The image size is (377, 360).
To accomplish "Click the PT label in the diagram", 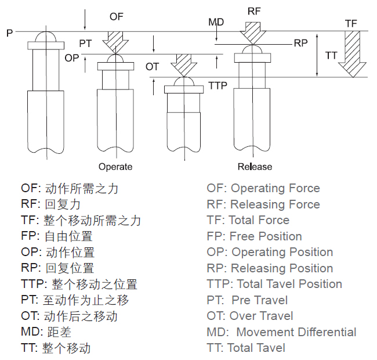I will (86, 44).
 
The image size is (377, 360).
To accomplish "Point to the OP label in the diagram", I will (71, 58).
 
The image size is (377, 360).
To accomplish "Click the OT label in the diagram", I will (152, 67).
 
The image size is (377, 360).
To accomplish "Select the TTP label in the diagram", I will (217, 85).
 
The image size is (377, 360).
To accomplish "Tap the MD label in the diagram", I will (216, 22).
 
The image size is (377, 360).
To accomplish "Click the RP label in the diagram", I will (300, 43).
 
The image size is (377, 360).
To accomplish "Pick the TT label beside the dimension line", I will (331, 56).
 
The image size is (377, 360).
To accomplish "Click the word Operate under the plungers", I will (115, 167).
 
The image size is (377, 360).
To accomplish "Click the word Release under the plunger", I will (255, 167).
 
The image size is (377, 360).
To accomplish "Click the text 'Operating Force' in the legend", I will (275, 188).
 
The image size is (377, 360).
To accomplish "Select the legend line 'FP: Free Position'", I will (254, 236).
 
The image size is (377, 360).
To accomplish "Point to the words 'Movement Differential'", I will (296, 332).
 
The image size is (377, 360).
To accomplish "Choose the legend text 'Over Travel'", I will (262, 316).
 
